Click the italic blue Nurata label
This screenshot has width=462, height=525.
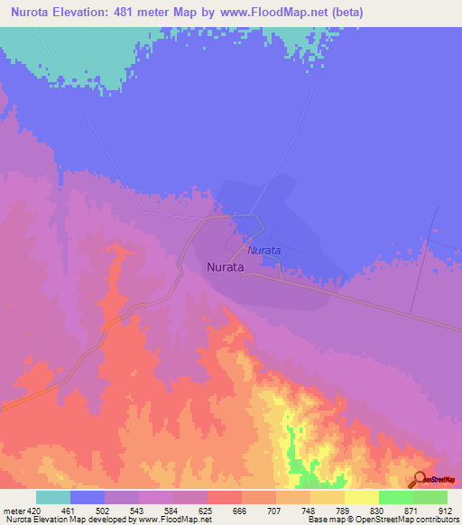point(265,249)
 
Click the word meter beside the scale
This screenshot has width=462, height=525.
point(14,510)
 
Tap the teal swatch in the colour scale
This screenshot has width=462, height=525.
point(53,497)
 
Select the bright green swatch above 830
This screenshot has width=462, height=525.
point(395,497)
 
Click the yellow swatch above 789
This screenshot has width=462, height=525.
point(327,497)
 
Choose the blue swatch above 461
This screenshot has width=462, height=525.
point(88,497)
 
